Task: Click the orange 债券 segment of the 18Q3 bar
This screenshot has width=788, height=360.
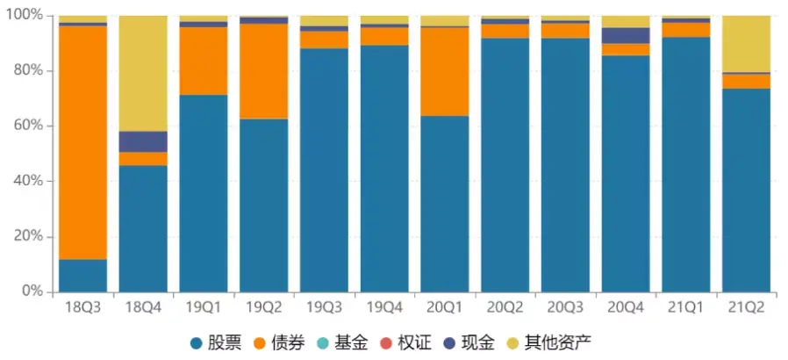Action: click(82, 143)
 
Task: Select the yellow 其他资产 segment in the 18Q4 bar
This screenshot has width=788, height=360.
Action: click(143, 74)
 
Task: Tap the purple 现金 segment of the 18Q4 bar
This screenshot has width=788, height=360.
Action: click(143, 141)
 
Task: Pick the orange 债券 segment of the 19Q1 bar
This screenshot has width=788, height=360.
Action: click(204, 61)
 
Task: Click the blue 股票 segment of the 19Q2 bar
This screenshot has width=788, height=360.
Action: click(264, 205)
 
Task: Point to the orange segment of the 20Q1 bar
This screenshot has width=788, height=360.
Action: click(445, 72)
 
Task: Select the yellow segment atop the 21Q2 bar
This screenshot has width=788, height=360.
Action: click(746, 44)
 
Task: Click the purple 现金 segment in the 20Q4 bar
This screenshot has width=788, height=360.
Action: click(626, 36)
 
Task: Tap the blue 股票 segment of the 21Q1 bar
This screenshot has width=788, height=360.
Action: click(686, 164)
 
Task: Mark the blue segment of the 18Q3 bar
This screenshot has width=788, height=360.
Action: click(82, 276)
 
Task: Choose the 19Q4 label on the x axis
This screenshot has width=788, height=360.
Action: click(384, 307)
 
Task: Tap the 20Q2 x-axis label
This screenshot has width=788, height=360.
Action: click(505, 307)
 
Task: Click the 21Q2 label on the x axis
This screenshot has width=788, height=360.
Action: click(746, 307)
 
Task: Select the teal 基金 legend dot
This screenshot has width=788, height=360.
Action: click(323, 344)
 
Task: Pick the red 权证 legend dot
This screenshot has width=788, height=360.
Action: click(386, 344)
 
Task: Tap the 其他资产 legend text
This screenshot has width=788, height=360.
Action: click(558, 343)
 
